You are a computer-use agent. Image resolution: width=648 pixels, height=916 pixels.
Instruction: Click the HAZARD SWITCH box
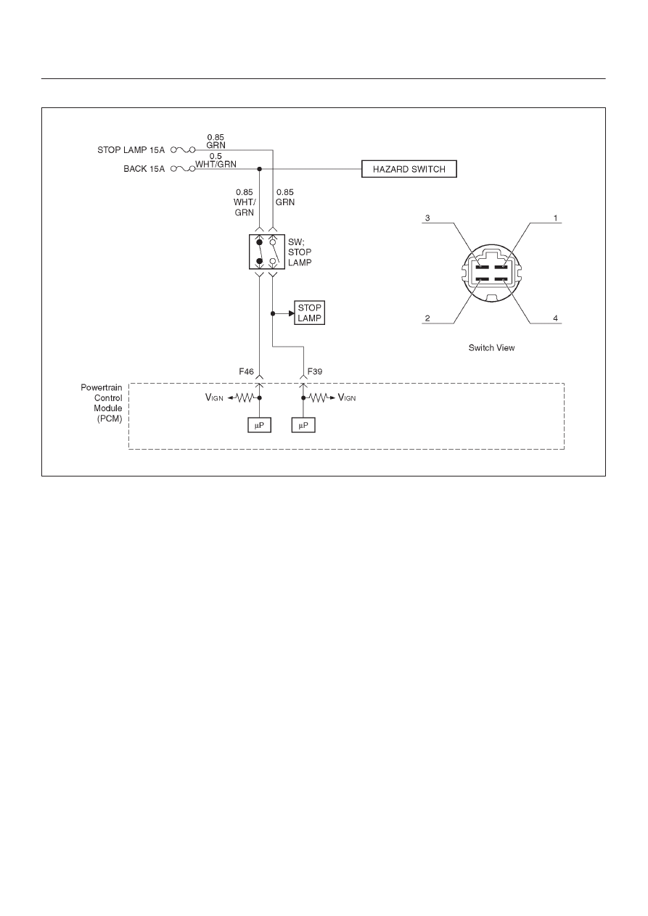[409, 169]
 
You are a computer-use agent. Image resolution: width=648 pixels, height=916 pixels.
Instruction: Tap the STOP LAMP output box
[309, 313]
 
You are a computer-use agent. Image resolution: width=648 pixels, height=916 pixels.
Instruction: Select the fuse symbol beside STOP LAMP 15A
[183, 150]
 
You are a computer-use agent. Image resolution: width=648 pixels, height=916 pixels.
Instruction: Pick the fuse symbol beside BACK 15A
[183, 168]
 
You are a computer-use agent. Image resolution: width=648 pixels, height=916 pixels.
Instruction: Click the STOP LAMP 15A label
[131, 150]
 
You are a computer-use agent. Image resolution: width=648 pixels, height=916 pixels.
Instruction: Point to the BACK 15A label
[144, 169]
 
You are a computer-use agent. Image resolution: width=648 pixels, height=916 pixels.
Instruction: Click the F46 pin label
[246, 371]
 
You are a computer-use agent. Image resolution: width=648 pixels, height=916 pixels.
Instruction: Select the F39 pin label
[315, 371]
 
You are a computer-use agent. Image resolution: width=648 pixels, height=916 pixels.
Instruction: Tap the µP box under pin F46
[259, 425]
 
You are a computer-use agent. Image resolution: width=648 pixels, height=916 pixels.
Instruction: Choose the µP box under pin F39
[303, 425]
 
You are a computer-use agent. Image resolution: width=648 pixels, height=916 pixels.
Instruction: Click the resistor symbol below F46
[245, 397]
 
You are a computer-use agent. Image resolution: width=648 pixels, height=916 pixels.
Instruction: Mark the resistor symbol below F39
[319, 397]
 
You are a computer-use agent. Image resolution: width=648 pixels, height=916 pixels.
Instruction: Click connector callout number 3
[427, 218]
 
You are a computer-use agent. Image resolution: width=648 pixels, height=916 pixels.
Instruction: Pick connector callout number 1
[556, 218]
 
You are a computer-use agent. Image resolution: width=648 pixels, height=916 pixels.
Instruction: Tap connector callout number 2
[427, 318]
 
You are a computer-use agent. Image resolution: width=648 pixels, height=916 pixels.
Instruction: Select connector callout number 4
[556, 318]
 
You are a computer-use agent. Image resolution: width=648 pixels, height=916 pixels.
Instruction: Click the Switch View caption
[491, 347]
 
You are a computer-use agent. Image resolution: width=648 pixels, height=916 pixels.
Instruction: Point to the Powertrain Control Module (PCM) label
[102, 403]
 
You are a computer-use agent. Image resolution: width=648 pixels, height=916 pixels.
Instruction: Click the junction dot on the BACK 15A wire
[259, 169]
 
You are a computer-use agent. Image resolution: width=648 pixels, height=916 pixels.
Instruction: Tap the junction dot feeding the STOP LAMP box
[273, 313]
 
